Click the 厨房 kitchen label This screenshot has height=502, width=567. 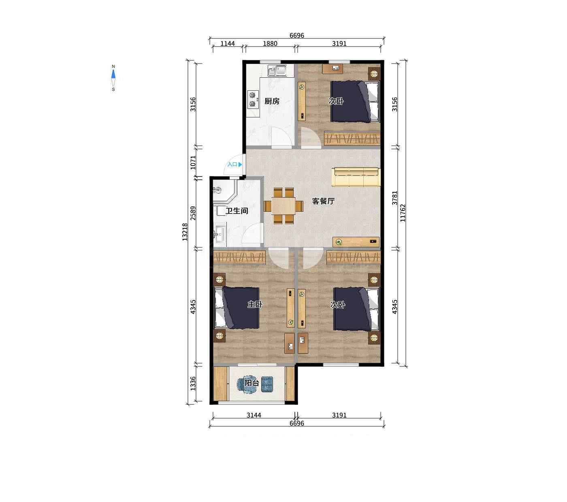coord(272,101)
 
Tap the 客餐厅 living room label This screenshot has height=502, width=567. coord(323,201)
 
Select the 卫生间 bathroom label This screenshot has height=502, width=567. coord(237,211)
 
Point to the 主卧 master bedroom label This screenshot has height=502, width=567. coord(255,304)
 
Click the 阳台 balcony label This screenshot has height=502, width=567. coord(252,383)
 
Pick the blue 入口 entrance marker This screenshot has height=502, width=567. coord(234,164)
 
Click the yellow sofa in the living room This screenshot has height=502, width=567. coord(356,177)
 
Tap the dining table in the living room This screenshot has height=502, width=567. coord(283,206)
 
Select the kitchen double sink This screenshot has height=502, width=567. coord(277,70)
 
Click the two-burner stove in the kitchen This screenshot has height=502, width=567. coord(253,100)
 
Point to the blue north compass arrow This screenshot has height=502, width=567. coord(113,74)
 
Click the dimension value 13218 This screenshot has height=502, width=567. coord(185,232)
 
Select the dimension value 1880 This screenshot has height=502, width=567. coord(270,44)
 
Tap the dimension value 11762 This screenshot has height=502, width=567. coord(403,213)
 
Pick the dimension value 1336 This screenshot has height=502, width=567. coord(193,384)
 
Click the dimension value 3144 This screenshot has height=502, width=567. coord(254,415)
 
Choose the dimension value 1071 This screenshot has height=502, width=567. coord(193,162)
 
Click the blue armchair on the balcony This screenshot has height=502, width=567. coord(267,384)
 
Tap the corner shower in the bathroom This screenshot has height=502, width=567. coord(224,191)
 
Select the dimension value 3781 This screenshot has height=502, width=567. coord(394,198)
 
